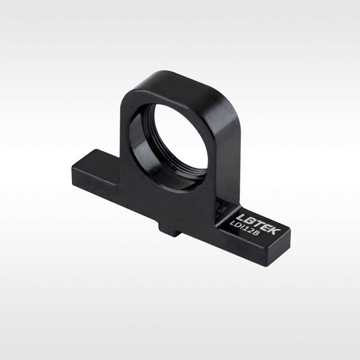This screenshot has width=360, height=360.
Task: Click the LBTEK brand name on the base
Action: click(259, 224)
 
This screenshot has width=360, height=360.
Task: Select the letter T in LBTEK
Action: click(259, 224)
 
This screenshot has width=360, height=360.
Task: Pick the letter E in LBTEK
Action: click(268, 227)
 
